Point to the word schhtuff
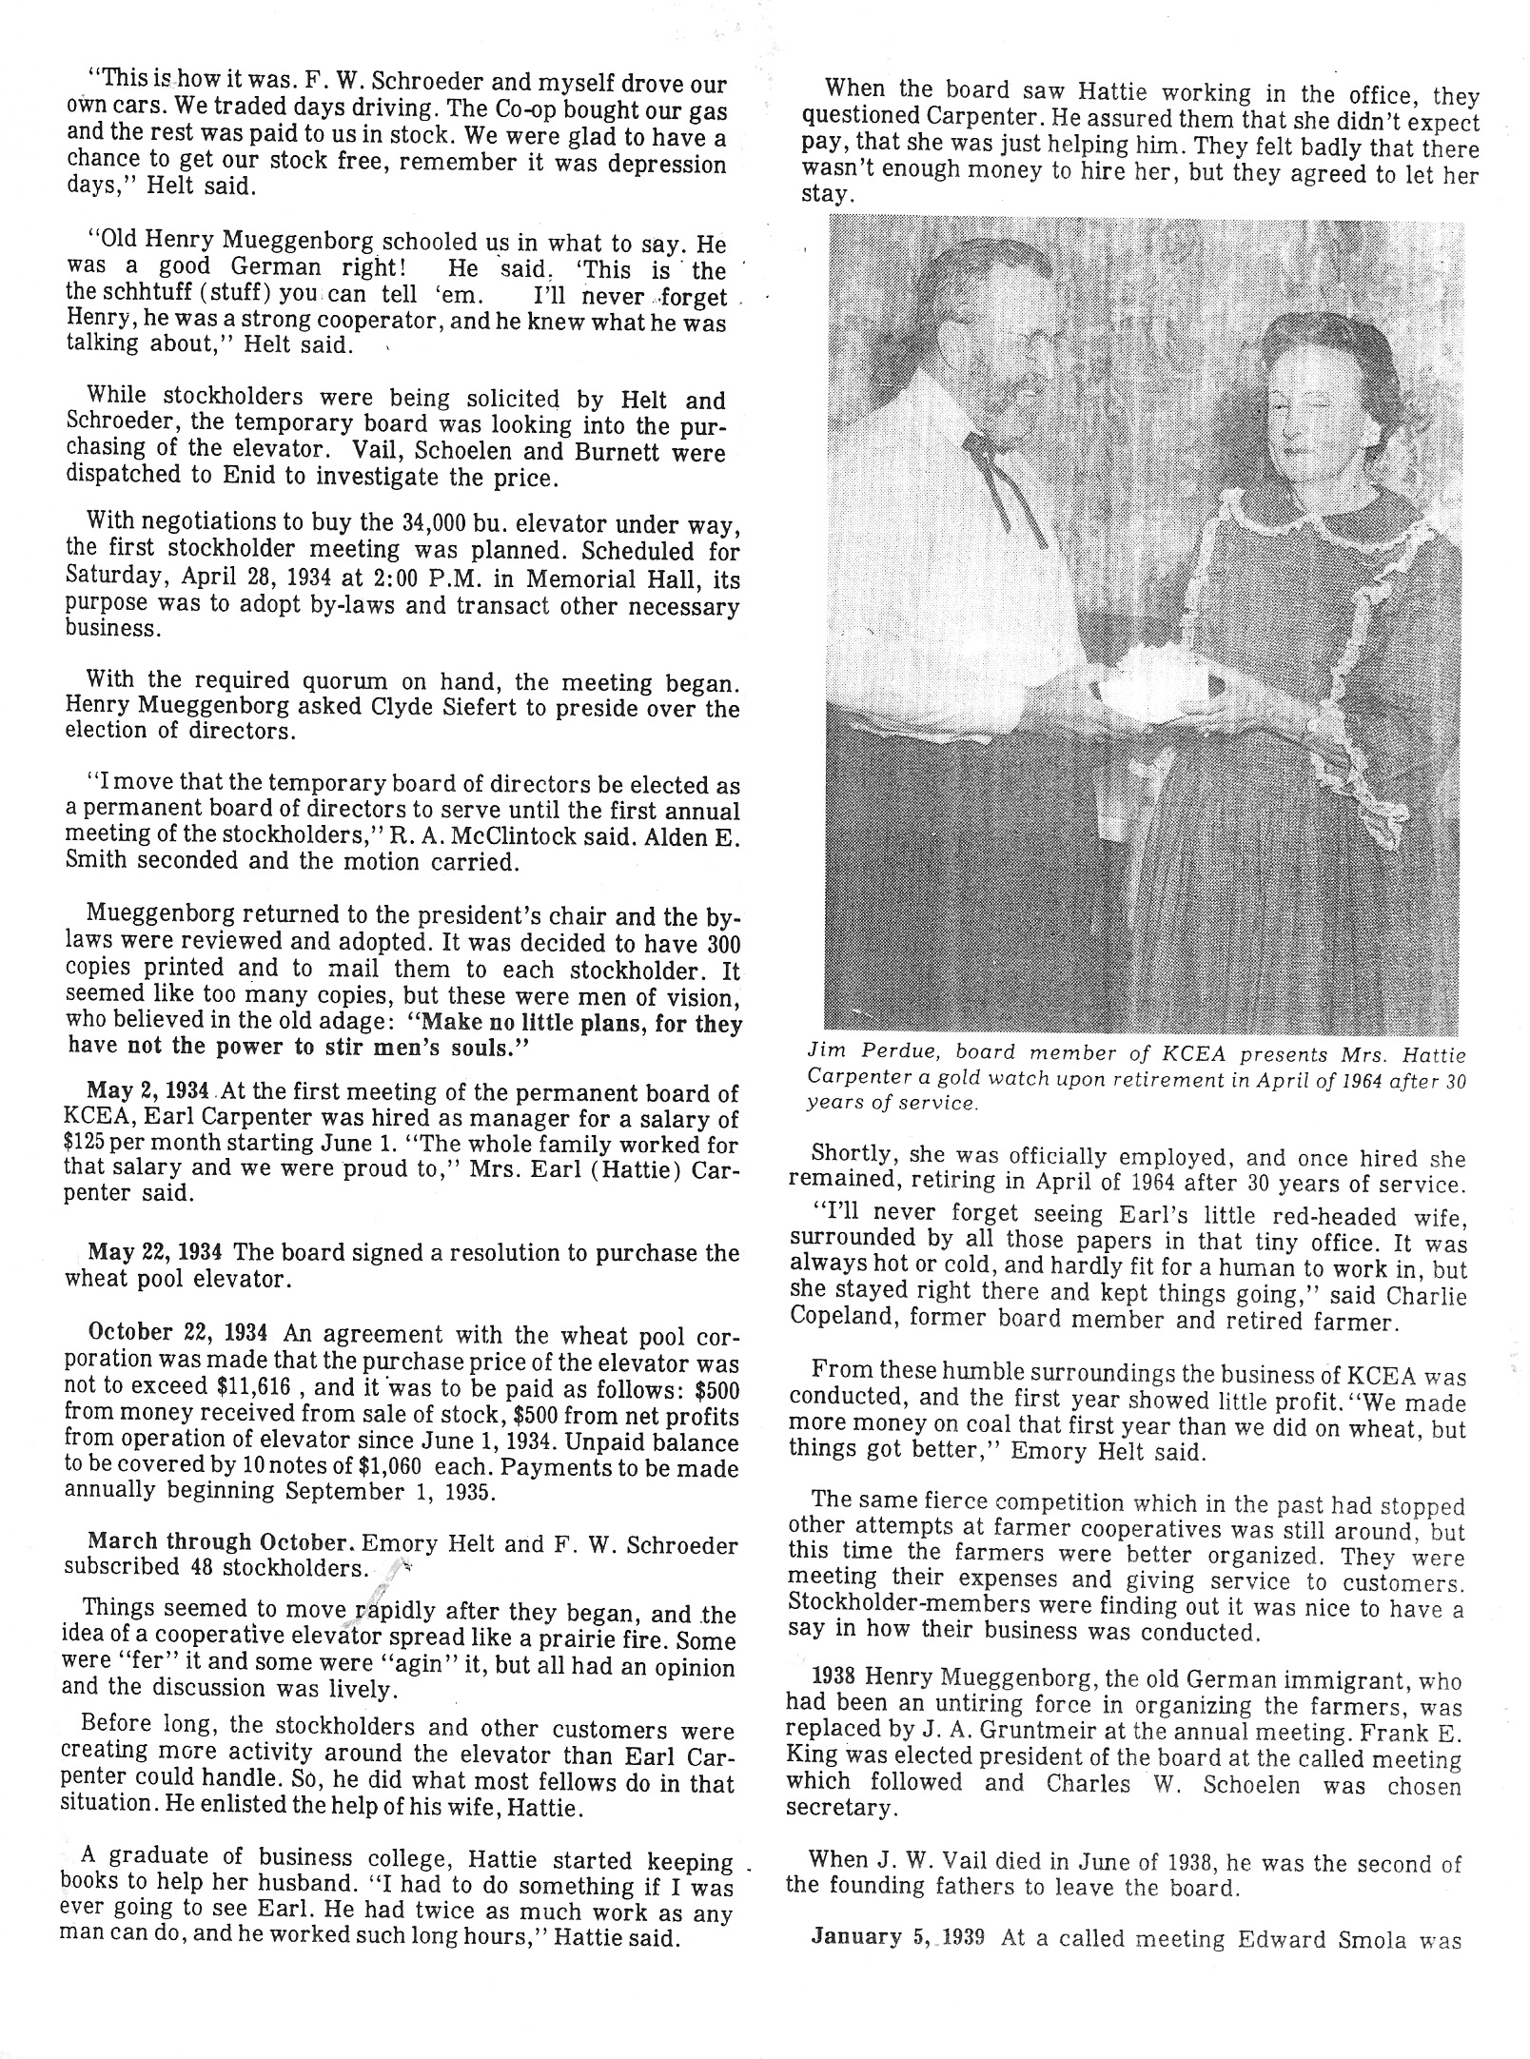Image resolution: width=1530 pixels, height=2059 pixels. [142, 297]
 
